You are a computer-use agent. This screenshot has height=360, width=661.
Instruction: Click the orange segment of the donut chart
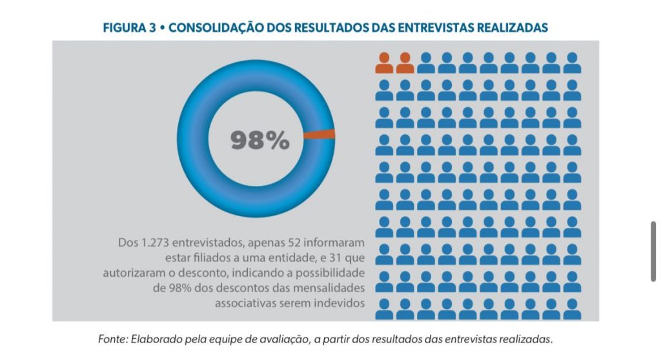point(320,134)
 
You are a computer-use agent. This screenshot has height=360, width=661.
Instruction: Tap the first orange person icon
point(384,63)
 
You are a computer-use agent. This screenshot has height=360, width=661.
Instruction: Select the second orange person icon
point(405,63)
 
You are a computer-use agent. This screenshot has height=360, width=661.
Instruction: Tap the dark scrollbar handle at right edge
point(654,251)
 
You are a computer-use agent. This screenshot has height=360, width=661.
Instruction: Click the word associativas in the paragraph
point(242,303)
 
